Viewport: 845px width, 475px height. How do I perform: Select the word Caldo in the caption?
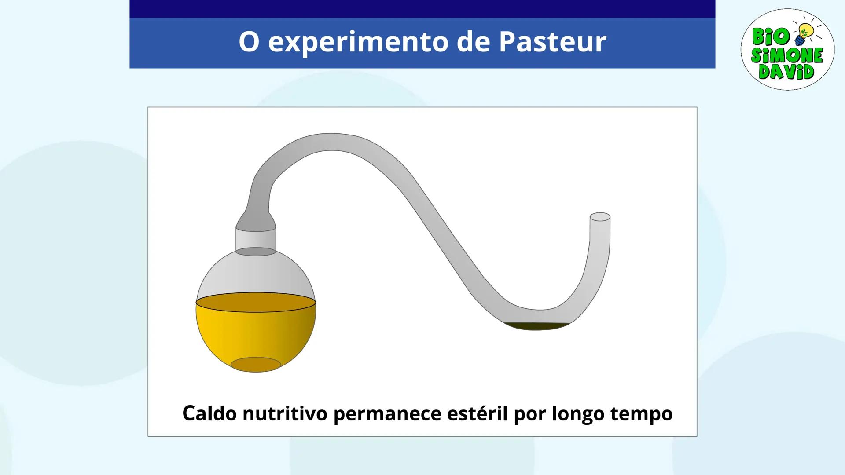tap(209, 413)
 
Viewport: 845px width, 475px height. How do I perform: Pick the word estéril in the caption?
tap(477, 413)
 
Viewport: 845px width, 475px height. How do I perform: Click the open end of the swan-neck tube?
tap(600, 217)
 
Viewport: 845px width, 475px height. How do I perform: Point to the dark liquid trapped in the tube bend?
tap(536, 326)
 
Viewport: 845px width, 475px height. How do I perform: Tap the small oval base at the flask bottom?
tap(256, 365)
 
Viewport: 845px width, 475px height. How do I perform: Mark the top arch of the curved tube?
tap(330, 142)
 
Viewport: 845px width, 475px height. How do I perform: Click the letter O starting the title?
tap(249, 42)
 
